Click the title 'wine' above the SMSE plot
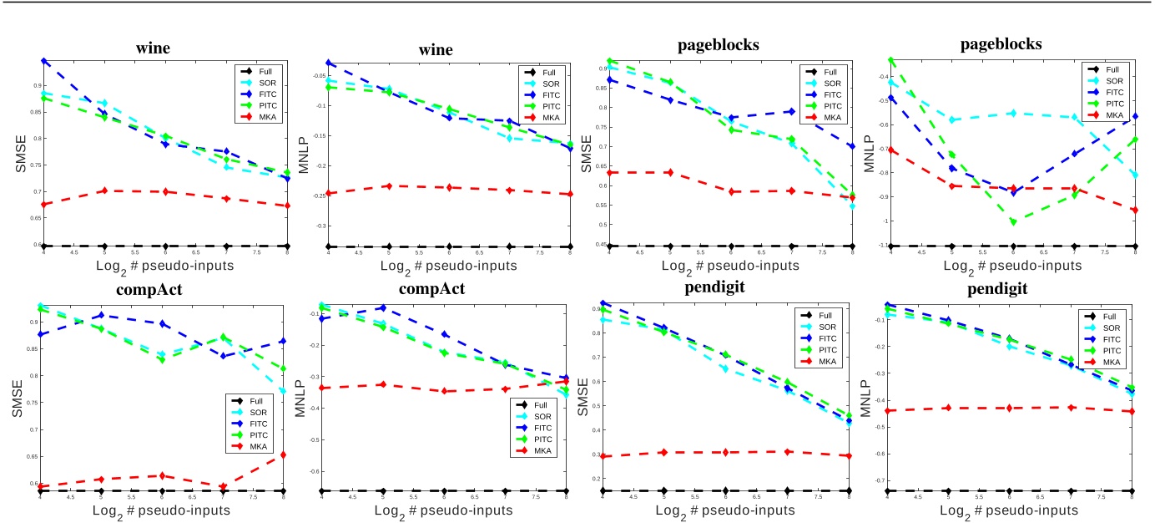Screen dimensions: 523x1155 [153, 48]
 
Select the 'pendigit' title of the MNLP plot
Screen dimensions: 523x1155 [1008, 290]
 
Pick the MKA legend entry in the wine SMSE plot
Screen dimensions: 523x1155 [260, 118]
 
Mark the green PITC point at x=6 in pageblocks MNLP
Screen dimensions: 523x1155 [1014, 221]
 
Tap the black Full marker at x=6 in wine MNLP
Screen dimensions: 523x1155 [448, 246]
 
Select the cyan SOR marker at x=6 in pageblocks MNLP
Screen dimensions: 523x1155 [1014, 113]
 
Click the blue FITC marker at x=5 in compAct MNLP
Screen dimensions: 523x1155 [384, 308]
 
